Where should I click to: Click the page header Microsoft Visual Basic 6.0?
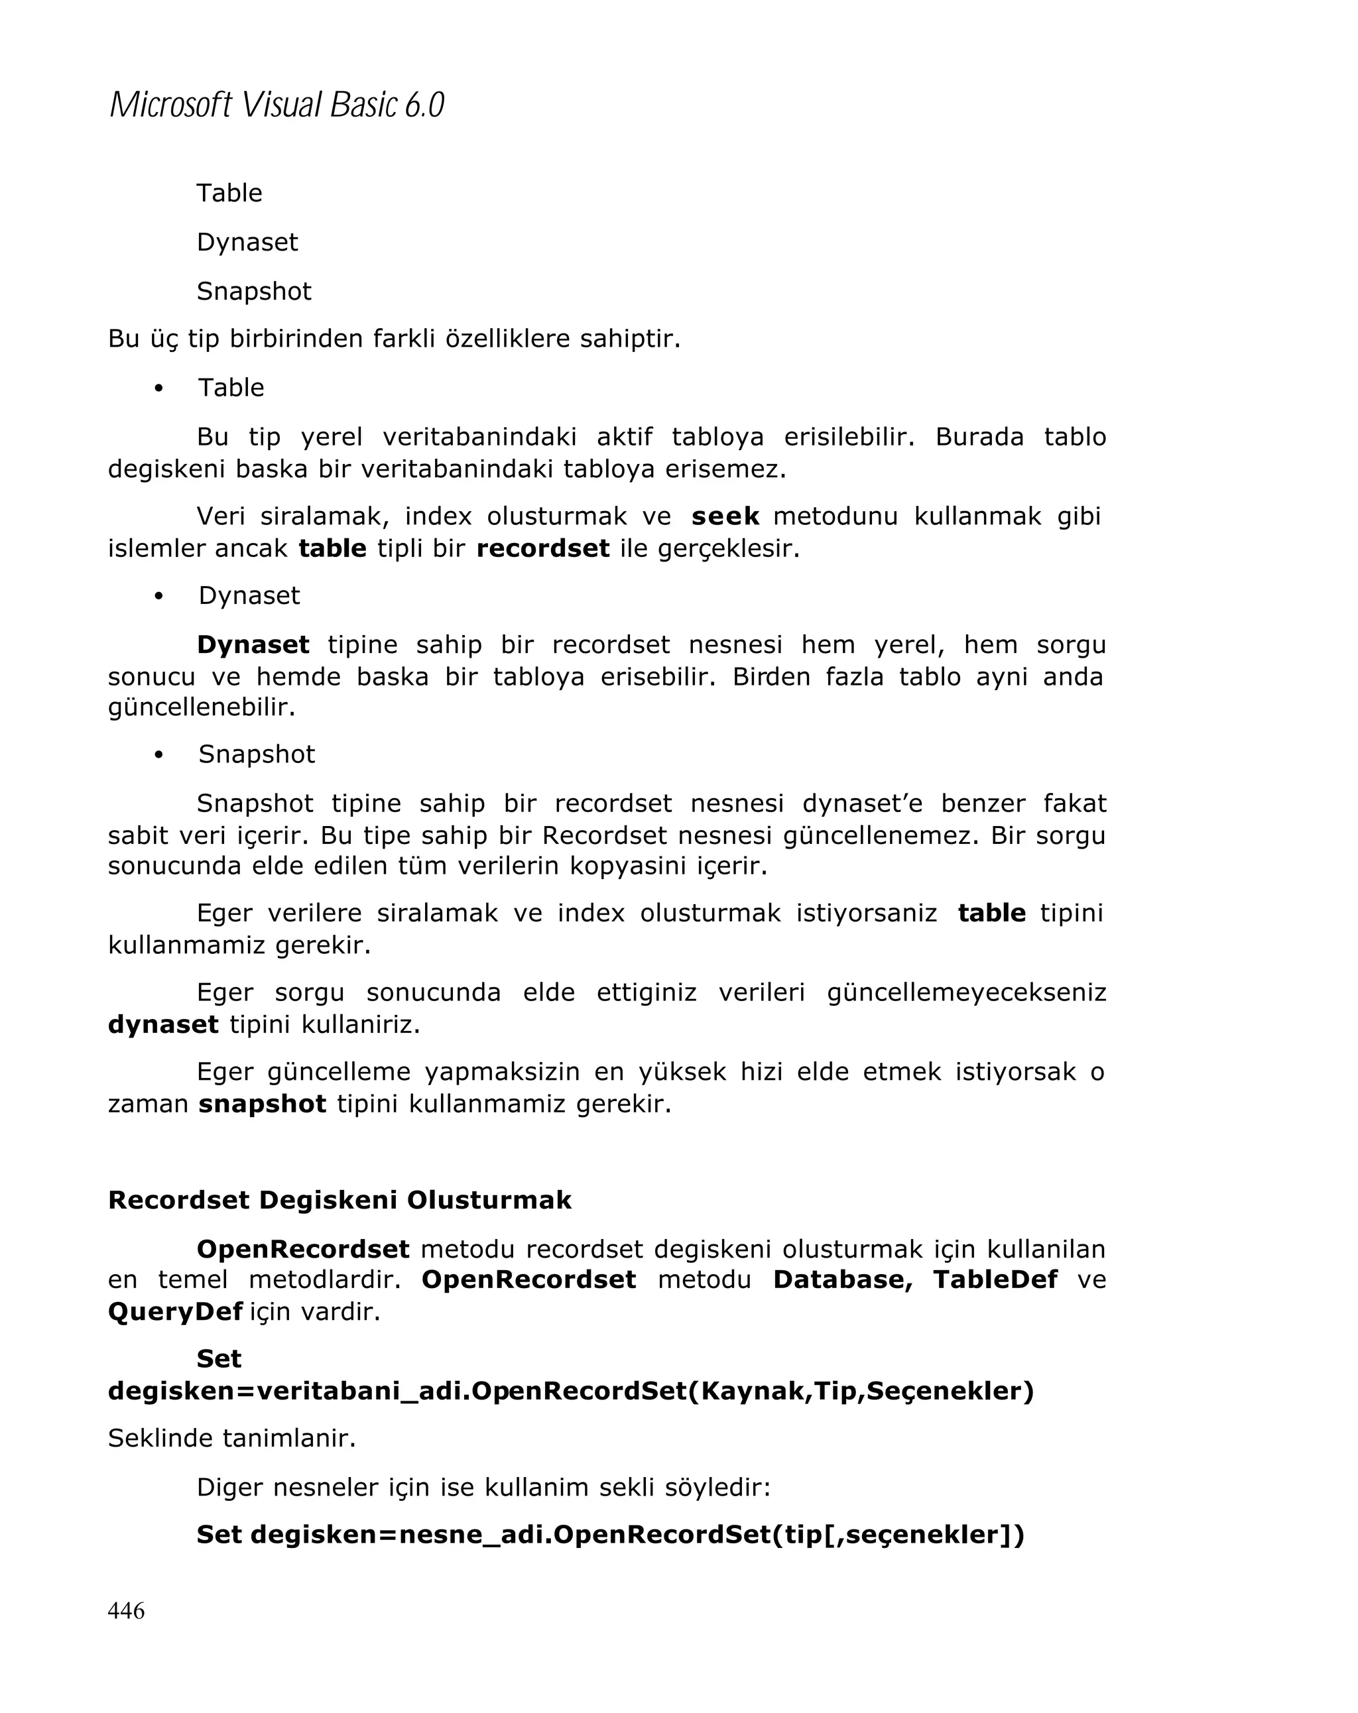276,105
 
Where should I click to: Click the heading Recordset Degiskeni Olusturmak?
339,1200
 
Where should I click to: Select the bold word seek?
725,516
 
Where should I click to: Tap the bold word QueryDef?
175,1311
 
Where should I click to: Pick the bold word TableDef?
995,1279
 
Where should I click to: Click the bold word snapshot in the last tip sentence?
262,1104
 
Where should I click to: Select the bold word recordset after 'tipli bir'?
542,548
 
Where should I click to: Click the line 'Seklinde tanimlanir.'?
232,1438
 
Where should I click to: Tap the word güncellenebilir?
202,706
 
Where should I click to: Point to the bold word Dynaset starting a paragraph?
253,644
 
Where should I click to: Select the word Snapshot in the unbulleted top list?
253,291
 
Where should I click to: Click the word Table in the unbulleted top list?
229,193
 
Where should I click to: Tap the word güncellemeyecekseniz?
966,992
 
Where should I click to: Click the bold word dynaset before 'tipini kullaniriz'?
163,1024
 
